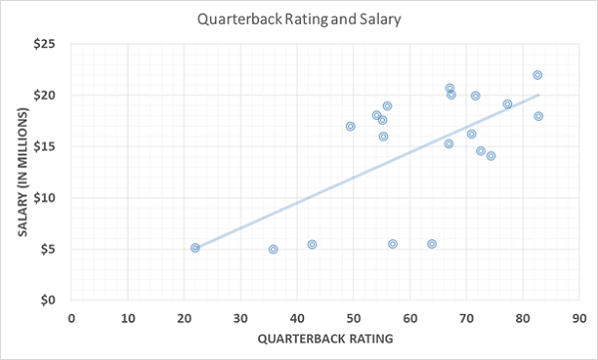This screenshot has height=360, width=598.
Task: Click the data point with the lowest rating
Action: point(195,247)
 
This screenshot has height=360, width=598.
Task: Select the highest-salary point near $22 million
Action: point(537,75)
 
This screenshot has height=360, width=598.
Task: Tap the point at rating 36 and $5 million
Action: point(273,249)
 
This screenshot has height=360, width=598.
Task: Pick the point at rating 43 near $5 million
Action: point(312,244)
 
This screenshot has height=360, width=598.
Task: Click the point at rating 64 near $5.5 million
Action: point(432,243)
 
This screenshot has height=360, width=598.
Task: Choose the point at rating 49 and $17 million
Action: point(350,127)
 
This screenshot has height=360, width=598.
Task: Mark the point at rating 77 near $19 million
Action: point(507,104)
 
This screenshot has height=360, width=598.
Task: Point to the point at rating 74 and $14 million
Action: point(490,156)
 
